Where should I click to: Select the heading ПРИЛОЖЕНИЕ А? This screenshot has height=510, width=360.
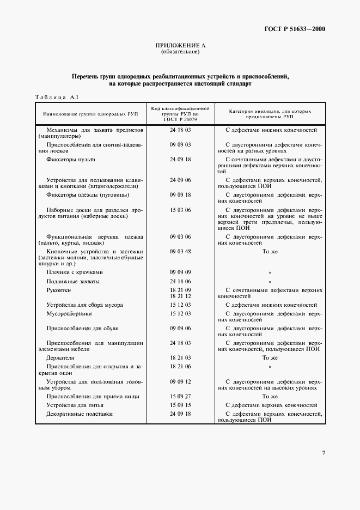[x=180, y=46]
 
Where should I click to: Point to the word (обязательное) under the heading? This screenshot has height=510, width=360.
[x=180, y=52]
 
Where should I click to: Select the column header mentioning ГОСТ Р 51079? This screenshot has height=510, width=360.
[x=180, y=115]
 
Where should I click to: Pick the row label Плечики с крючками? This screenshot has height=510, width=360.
[x=74, y=272]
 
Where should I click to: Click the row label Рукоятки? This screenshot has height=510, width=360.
[x=58, y=290]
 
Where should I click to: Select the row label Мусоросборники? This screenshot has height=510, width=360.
[x=69, y=314]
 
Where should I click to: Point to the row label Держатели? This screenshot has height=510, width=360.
[x=60, y=358]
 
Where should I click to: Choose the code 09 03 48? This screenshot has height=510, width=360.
[x=180, y=251]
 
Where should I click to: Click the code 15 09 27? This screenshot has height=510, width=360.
[x=180, y=396]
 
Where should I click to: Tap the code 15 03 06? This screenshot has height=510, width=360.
[x=180, y=210]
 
